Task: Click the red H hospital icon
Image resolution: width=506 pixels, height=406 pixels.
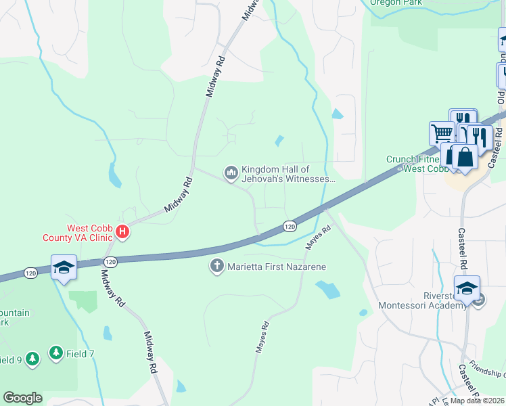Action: click(x=122, y=233)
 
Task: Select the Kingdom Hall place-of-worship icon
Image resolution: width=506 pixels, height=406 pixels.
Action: click(x=231, y=174)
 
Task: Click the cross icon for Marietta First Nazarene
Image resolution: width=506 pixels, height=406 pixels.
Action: click(x=217, y=266)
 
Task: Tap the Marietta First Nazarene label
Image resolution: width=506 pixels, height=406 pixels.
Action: click(x=277, y=267)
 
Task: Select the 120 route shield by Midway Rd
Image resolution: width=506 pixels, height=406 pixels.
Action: click(x=111, y=261)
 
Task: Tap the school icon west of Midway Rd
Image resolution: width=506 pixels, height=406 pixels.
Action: click(x=64, y=267)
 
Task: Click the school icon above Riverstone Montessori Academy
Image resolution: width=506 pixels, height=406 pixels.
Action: click(x=467, y=288)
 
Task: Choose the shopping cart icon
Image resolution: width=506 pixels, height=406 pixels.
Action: click(x=442, y=132)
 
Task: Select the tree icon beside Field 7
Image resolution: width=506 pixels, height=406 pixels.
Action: click(x=55, y=353)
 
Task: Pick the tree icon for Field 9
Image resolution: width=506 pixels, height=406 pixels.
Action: click(x=32, y=359)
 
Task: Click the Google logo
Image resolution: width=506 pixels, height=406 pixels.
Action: click(x=22, y=398)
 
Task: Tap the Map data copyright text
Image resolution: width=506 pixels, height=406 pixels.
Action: click(x=478, y=401)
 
